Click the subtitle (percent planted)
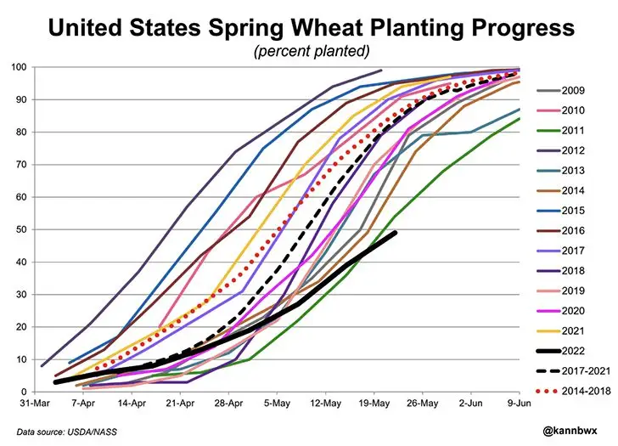[x=312, y=52]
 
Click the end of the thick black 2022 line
[x=396, y=233]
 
